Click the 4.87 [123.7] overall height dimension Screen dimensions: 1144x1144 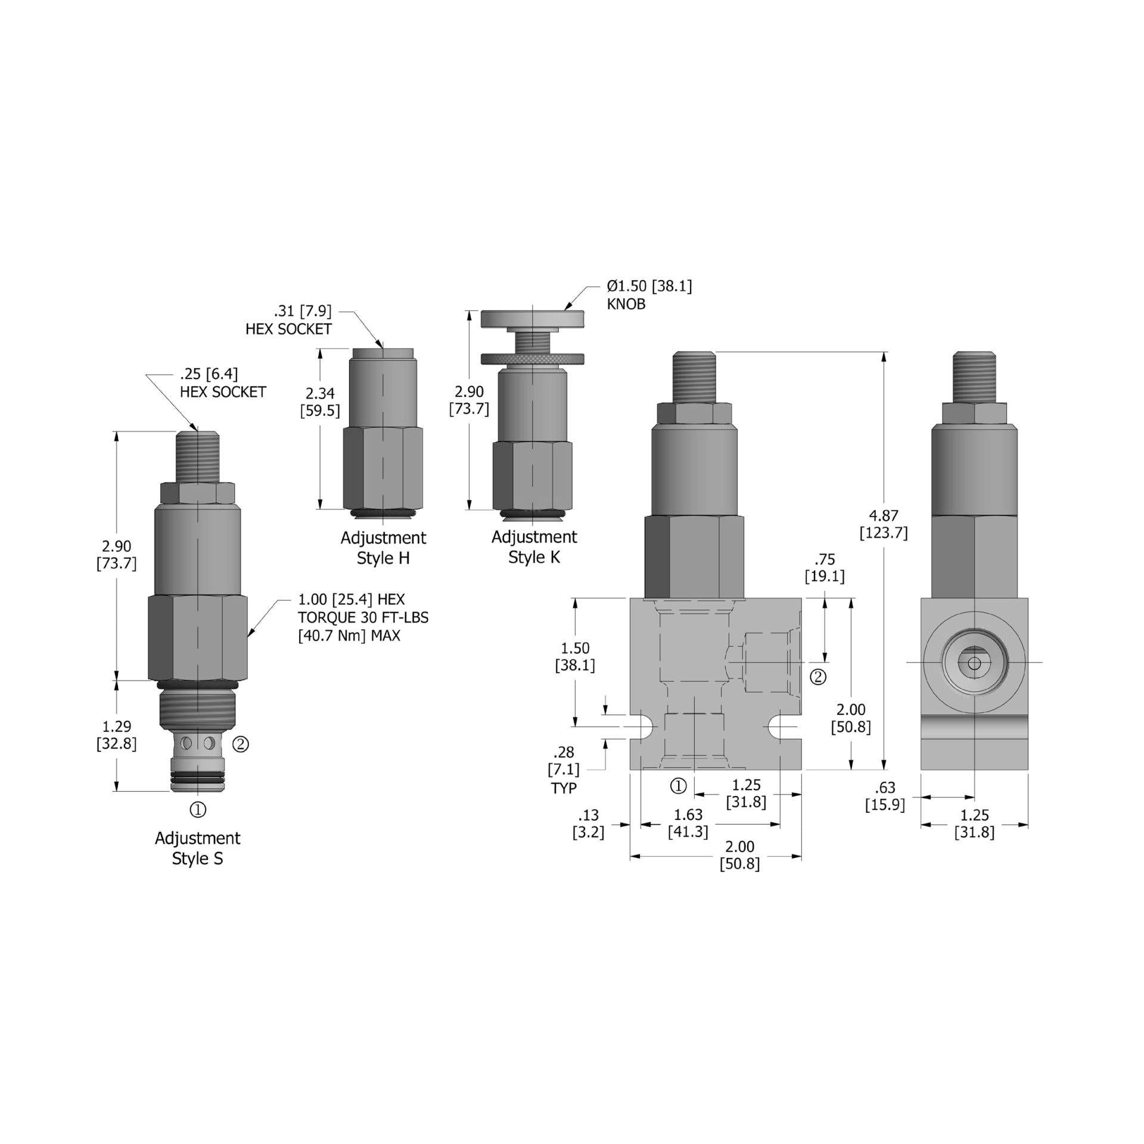pos(883,524)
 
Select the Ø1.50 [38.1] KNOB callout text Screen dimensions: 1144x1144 pos(649,295)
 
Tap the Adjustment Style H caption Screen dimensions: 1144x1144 pos(383,548)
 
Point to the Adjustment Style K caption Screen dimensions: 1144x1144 pos(534,546)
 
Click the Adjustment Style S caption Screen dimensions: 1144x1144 pos(197,848)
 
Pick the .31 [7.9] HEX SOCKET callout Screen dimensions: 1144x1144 pos(289,320)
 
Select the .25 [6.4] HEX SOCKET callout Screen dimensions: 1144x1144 pos(222,383)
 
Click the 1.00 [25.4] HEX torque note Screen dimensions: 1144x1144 pos(363,617)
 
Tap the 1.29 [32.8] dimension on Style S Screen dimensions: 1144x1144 pos(116,735)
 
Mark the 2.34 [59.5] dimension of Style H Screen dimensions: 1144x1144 pos(320,402)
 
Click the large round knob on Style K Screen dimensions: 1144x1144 pos(532,319)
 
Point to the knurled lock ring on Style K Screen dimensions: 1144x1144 pos(532,359)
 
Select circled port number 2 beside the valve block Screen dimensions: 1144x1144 pos(819,677)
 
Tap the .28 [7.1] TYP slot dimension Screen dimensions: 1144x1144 pos(563,770)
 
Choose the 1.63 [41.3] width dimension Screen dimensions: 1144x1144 pos(688,823)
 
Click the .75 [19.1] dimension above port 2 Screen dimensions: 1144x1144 pos(825,568)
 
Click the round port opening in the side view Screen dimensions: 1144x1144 pos(974,663)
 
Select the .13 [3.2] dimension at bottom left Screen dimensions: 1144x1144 pos(588,824)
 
